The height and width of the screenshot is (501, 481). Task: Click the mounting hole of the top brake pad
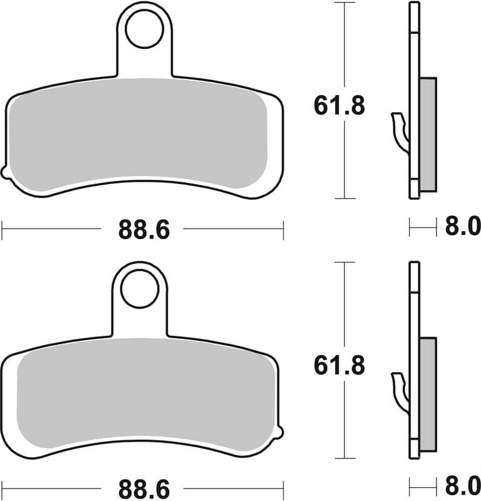point(145,28)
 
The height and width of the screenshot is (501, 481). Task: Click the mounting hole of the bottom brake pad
point(140,289)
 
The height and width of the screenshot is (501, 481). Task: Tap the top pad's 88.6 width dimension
point(143,230)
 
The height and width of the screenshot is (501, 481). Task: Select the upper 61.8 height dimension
point(339,106)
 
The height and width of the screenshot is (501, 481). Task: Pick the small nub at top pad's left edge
point(5,171)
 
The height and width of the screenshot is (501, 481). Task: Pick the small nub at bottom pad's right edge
point(280,431)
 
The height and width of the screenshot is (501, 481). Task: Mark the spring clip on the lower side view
point(400,391)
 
